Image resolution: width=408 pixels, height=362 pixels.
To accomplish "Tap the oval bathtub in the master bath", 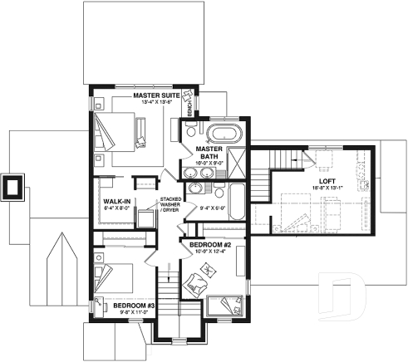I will pos(220,131).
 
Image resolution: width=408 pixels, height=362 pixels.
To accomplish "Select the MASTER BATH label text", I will pos(206,154).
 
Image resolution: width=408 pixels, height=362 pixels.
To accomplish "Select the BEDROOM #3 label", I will pos(129,306).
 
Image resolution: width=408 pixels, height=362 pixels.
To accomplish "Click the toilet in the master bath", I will pos(191,130).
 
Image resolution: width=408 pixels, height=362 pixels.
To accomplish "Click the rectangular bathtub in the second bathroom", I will pos(233,200).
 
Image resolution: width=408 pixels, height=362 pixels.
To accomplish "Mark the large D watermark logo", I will pos(344,294).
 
